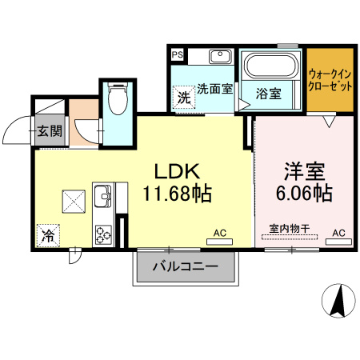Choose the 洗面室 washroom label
tap(214, 90)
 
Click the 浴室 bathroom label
tap(268, 93)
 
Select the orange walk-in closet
tap(330, 81)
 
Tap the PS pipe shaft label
tap(178, 56)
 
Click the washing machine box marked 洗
tap(184, 98)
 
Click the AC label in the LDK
tap(219, 233)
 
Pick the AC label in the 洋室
tap(338, 233)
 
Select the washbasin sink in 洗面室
tap(220, 58)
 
